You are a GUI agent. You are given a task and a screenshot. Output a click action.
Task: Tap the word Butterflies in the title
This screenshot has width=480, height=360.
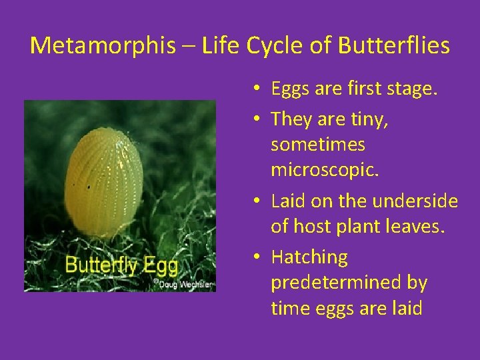394,46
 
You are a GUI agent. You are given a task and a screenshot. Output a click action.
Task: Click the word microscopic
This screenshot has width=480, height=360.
325,171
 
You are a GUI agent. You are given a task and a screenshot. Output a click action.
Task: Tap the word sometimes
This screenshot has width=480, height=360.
318,144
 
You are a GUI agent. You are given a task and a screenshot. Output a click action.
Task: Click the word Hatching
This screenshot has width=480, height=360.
309,257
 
